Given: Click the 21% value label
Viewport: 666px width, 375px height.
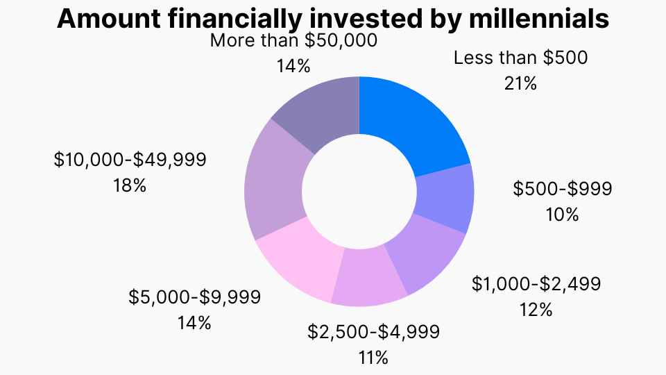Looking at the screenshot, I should [x=520, y=83].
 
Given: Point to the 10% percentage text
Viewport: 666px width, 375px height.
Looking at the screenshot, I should [x=562, y=214].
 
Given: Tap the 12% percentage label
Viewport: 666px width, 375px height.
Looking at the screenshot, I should [x=536, y=309].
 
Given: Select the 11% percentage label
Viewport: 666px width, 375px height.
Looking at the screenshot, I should [x=373, y=358].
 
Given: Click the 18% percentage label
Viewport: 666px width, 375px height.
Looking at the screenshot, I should [x=130, y=185].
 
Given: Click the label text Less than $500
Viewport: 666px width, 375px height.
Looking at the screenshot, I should [x=520, y=58].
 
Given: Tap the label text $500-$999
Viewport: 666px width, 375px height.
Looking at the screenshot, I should [x=563, y=189].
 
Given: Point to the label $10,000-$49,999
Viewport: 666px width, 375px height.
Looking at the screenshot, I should [x=130, y=160].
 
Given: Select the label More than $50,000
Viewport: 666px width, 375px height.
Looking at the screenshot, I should [x=293, y=40].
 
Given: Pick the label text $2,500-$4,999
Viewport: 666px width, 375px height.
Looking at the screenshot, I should [x=373, y=332].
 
